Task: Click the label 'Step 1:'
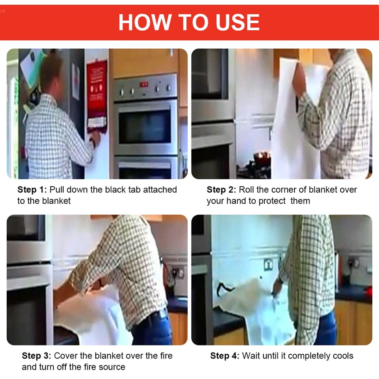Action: point(32,190)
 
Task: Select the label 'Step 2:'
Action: point(221,190)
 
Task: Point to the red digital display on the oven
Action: point(144,84)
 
